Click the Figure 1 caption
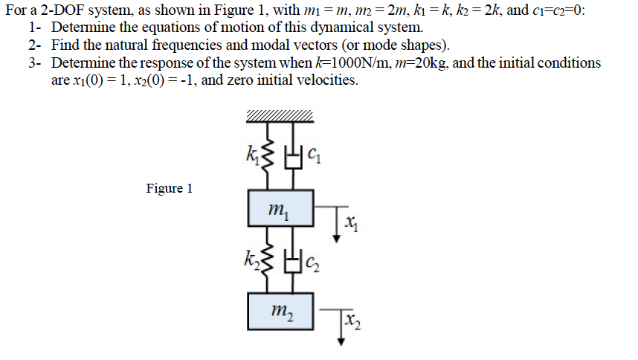169,188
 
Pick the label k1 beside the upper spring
251,155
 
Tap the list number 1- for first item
35,29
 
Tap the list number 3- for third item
35,63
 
